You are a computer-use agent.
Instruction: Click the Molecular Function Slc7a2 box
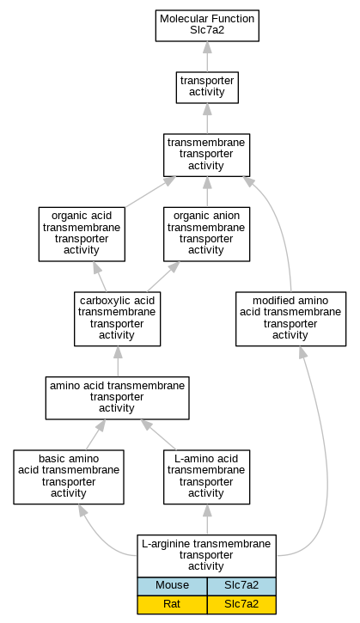coord(207,26)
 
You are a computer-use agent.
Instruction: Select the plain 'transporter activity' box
coord(207,88)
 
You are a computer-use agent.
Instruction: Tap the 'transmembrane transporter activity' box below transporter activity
coord(206,155)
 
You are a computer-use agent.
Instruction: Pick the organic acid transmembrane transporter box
coord(82,234)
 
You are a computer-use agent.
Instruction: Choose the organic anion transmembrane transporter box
coord(206,234)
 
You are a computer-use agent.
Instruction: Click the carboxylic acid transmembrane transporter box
coord(117,319)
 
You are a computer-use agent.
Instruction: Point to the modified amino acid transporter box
coord(291,319)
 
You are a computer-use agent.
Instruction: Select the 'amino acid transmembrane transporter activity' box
coord(117,398)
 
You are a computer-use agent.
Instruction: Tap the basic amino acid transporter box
coord(69,477)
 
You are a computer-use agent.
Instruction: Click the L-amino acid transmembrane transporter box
coord(206,477)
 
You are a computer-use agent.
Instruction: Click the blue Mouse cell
coord(172,586)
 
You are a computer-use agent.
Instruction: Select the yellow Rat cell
coord(172,605)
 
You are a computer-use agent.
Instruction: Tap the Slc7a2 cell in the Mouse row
coord(241,586)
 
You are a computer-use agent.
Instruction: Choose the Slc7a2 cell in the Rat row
coord(241,605)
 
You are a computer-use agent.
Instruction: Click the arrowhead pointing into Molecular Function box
coord(207,47)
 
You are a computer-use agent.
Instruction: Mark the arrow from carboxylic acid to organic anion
coord(163,277)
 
